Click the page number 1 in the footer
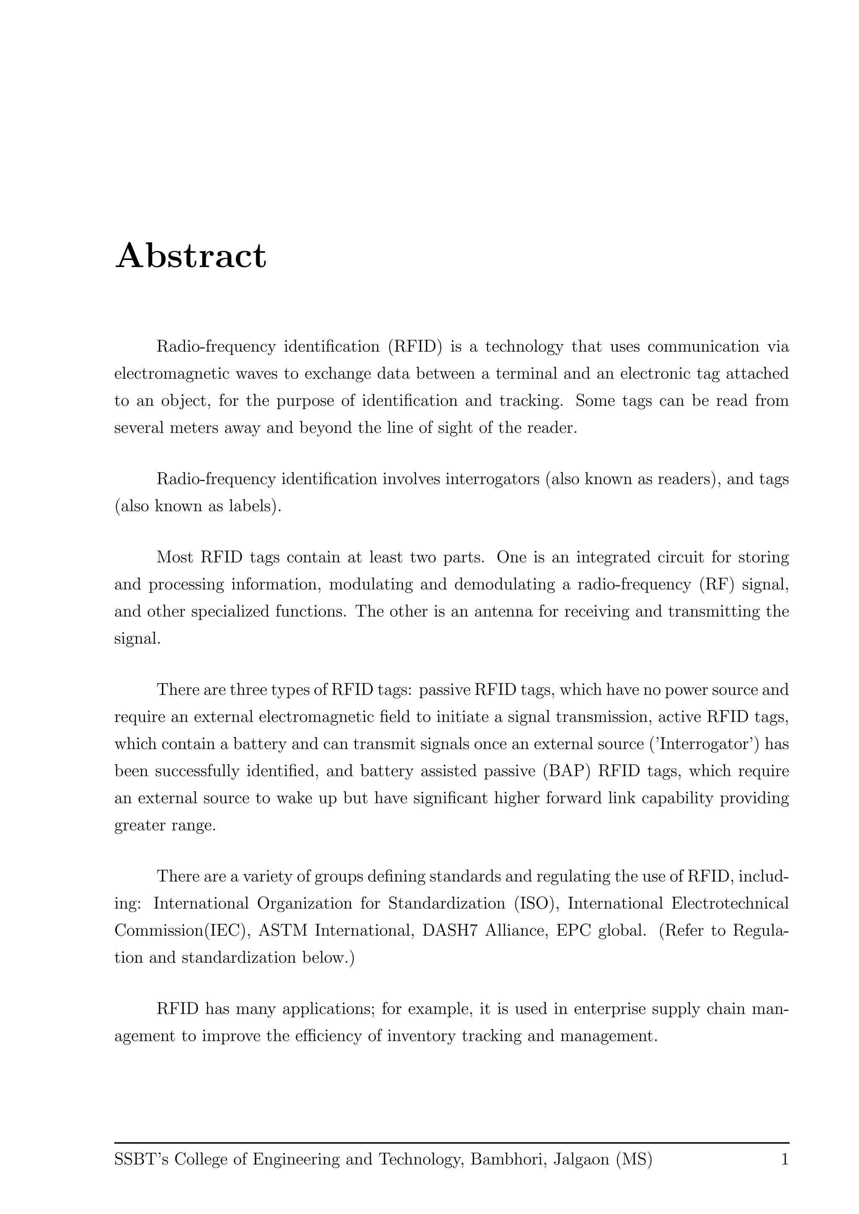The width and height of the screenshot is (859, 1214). (785, 1160)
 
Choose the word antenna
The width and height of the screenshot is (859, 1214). (505, 612)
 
